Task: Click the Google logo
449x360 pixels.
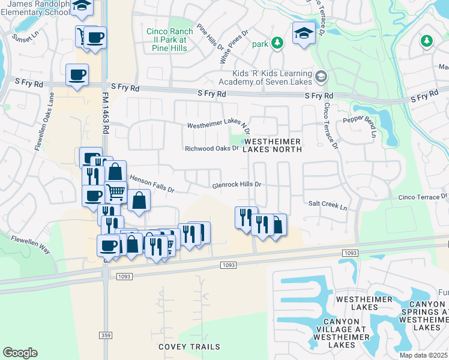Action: click(x=20, y=353)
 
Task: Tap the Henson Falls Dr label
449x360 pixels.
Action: click(x=152, y=184)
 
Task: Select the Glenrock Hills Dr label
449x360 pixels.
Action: click(x=237, y=185)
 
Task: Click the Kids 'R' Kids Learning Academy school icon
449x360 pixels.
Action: click(x=321, y=77)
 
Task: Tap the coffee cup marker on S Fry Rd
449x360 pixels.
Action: click(x=77, y=75)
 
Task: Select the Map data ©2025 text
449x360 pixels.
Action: click(x=424, y=355)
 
